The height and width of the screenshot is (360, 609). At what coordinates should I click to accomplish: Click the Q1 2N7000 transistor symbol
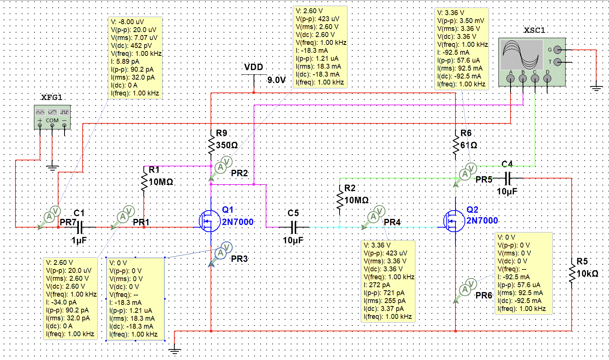(x=209, y=221)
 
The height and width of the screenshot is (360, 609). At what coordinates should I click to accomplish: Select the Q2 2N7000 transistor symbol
(x=454, y=221)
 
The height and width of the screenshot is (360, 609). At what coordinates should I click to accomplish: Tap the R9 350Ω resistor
(x=211, y=145)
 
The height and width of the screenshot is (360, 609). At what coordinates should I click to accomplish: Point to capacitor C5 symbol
(x=294, y=227)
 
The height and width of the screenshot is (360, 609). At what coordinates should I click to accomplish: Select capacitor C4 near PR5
(x=507, y=178)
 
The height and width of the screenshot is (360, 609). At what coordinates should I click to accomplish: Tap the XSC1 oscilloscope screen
(x=521, y=55)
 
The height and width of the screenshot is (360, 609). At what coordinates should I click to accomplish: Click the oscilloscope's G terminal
(x=558, y=50)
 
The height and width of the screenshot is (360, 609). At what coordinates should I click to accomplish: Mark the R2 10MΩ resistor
(x=340, y=200)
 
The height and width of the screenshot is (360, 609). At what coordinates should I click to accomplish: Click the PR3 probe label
(x=239, y=259)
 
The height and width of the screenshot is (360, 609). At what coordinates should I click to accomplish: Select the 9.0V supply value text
(x=277, y=80)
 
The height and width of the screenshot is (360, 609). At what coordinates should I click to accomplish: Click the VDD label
(x=254, y=67)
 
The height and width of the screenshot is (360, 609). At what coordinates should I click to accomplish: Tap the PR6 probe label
(x=484, y=295)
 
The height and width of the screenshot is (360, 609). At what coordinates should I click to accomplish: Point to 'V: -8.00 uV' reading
(x=127, y=22)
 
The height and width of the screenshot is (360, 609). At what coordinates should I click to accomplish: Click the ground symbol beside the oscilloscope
(x=596, y=89)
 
